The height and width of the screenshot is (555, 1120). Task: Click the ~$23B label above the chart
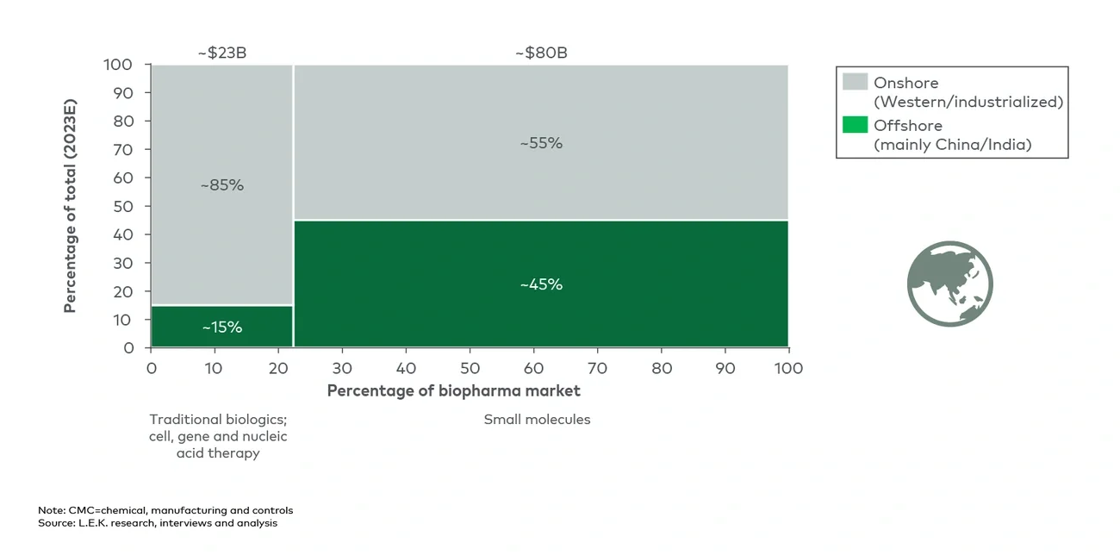click(221, 53)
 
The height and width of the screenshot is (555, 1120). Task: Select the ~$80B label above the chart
click(541, 53)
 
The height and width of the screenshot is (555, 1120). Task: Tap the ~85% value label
click(221, 185)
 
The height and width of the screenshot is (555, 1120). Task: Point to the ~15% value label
click(221, 327)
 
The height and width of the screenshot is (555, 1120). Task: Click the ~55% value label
click(541, 143)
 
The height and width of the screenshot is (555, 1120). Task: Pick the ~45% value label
click(541, 284)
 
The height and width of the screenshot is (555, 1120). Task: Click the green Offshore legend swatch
click(855, 125)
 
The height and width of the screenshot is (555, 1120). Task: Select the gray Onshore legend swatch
click(855, 82)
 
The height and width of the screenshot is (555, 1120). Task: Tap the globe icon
click(949, 284)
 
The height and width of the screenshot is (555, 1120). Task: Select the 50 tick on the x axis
click(470, 368)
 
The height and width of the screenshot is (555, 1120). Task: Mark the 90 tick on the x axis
click(725, 368)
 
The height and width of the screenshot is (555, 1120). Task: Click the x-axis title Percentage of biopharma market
click(453, 390)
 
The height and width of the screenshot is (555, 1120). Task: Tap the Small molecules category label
click(537, 420)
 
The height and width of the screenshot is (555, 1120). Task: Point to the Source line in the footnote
click(157, 522)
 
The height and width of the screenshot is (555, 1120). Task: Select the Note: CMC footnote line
click(165, 510)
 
